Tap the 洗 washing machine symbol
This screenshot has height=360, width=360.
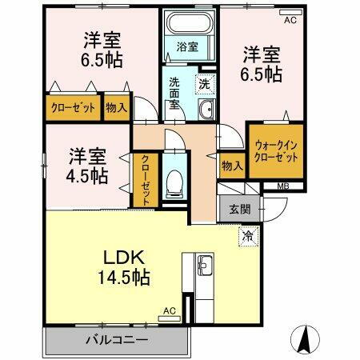coord(204,82)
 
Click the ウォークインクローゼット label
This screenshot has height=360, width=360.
coord(276,152)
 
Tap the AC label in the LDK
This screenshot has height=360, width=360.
coord(169,310)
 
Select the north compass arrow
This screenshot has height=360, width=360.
coord(306,340)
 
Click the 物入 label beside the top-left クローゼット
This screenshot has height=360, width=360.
coord(117,107)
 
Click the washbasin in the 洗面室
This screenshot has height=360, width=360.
coord(205,111)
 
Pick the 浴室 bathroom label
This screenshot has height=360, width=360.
coord(186,46)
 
